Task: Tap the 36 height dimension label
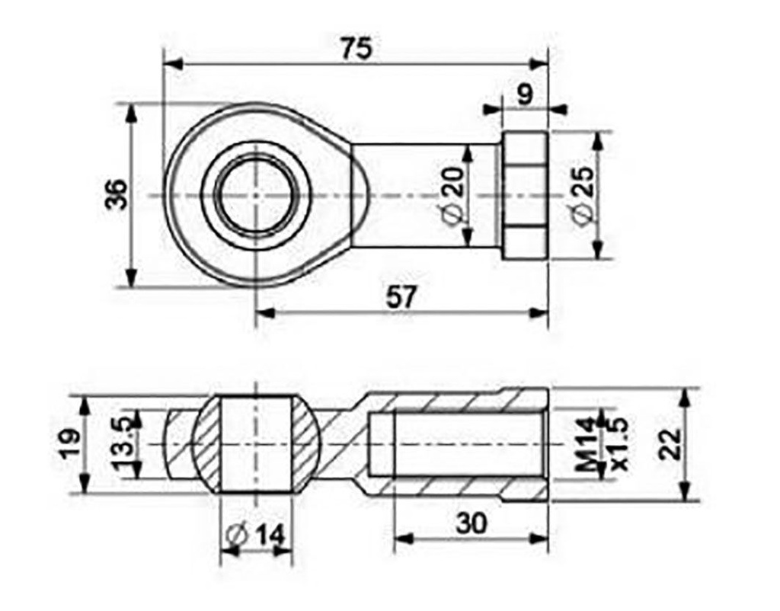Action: [x=115, y=196]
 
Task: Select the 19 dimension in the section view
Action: [x=69, y=444]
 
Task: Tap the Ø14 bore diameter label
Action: [x=257, y=536]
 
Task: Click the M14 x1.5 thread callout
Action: [x=602, y=446]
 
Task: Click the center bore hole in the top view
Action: [x=257, y=196]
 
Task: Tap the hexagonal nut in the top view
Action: [x=524, y=196]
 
